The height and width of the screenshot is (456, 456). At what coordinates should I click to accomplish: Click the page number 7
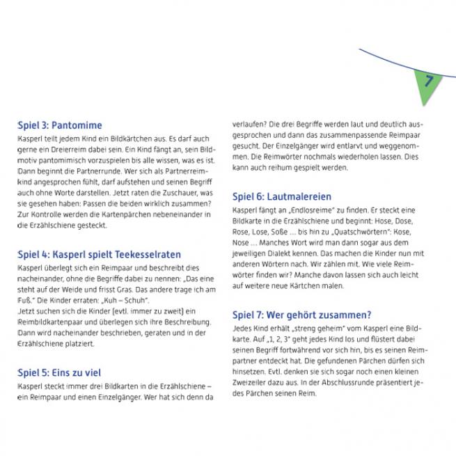pos(428,81)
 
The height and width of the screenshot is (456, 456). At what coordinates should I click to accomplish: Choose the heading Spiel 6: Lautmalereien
pos(282,197)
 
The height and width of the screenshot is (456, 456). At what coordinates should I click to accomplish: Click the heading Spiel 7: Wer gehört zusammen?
pos(301,314)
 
